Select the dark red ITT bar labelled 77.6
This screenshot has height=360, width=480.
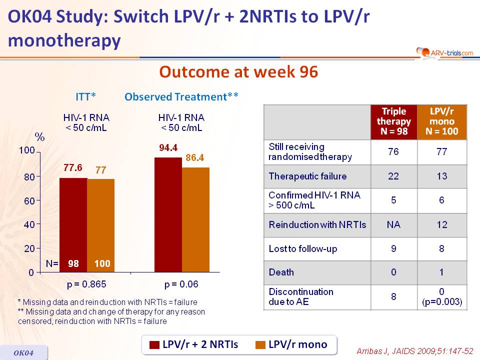coord(73,225)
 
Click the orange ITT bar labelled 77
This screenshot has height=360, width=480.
coord(100,225)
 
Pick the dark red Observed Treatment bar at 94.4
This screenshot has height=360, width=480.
coord(168,215)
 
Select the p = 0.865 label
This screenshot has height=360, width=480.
coord(86,284)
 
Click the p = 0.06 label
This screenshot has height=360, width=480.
coord(181,284)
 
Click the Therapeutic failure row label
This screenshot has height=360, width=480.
coord(307,176)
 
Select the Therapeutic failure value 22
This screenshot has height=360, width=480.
coord(393,176)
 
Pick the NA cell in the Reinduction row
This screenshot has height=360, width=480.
coord(393,224)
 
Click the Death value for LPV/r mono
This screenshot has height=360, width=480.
coord(442,272)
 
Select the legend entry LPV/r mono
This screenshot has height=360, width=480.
coord(291,344)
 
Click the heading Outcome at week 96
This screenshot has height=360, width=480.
coord(238,72)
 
